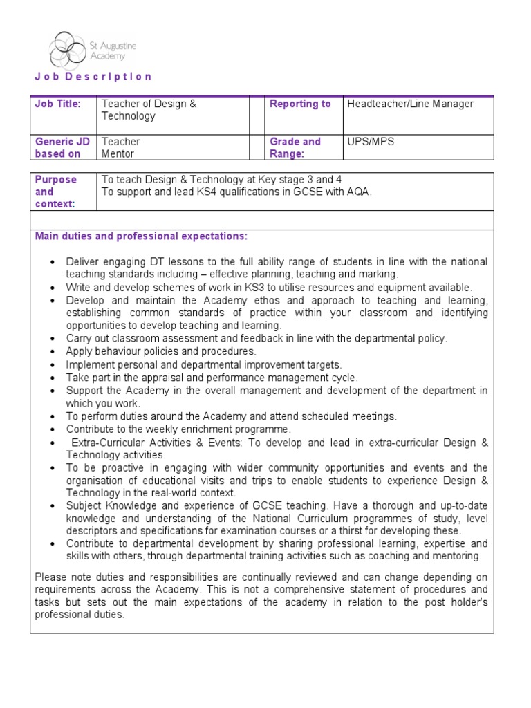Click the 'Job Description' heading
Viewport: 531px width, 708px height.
click(93, 77)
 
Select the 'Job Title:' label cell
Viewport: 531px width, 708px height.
click(58, 104)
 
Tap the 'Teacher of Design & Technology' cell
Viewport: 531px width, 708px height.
click(149, 110)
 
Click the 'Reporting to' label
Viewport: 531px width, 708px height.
click(300, 104)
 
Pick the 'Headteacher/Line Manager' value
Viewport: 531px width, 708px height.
click(410, 104)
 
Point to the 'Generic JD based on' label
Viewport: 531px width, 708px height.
click(62, 148)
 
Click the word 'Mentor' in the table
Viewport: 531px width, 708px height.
click(118, 154)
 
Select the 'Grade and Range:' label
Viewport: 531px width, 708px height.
click(295, 148)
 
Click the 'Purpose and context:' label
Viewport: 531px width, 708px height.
click(55, 192)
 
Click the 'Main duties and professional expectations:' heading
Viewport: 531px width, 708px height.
click(141, 236)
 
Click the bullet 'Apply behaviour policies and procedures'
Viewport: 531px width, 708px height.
click(160, 351)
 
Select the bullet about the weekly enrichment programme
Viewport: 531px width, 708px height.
click(178, 429)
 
